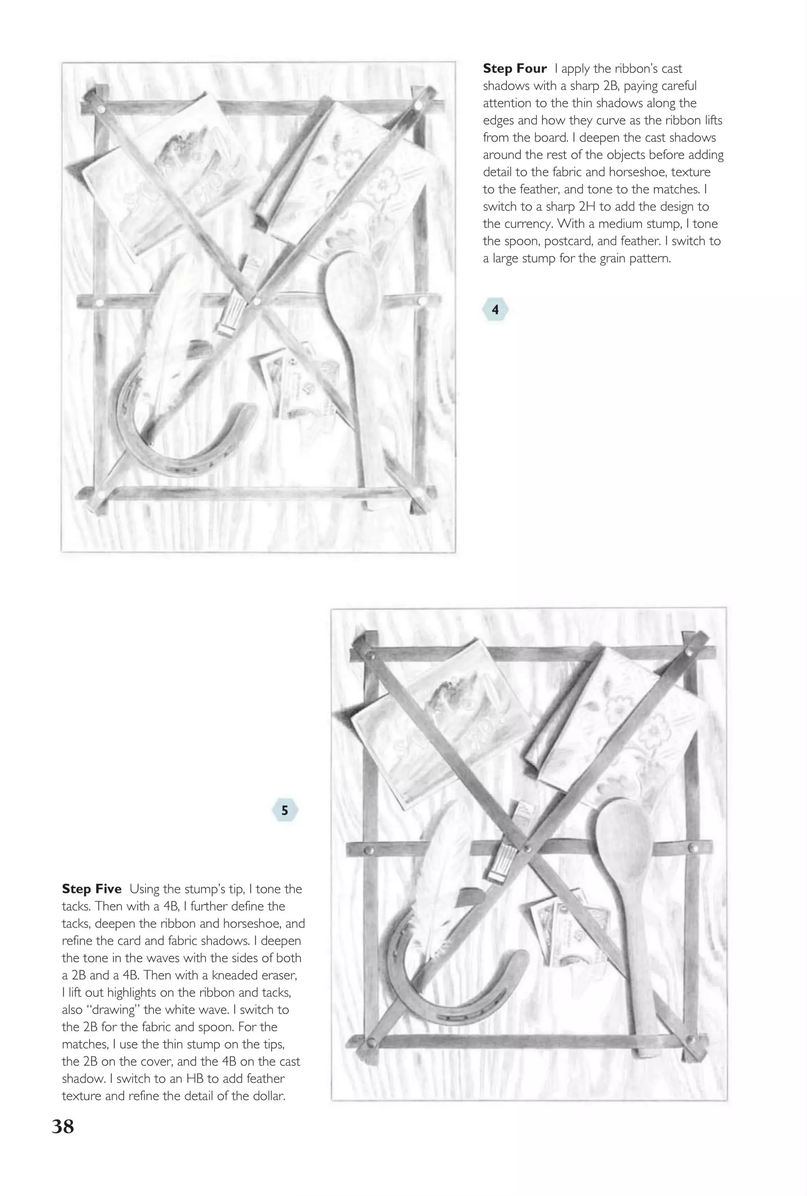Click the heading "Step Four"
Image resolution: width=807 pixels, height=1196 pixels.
[x=514, y=69]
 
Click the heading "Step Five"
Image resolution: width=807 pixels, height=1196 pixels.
[x=91, y=889]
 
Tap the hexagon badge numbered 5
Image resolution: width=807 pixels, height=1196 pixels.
[x=284, y=810]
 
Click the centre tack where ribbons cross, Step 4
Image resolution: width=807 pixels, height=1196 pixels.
[x=257, y=300]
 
